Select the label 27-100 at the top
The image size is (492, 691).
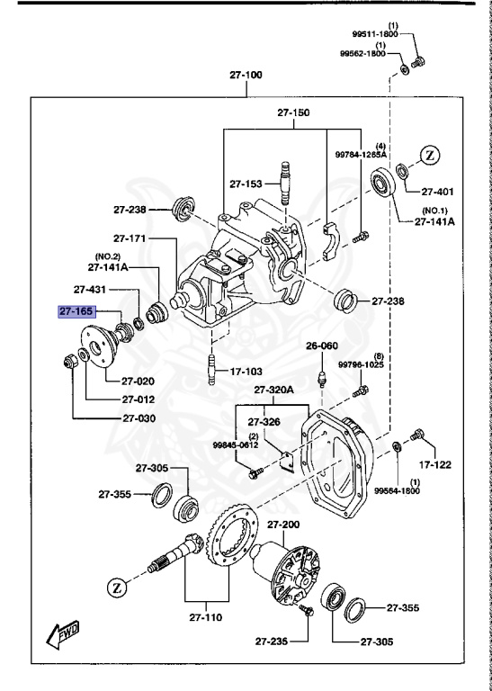tap(246, 75)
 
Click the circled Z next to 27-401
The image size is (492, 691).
tap(430, 155)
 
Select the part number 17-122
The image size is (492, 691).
tap(436, 465)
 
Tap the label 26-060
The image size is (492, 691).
tap(321, 345)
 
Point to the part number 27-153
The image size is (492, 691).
tap(245, 183)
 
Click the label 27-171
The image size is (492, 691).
tap(130, 238)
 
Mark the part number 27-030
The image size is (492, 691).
tap(138, 418)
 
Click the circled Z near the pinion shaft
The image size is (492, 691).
tap(117, 588)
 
